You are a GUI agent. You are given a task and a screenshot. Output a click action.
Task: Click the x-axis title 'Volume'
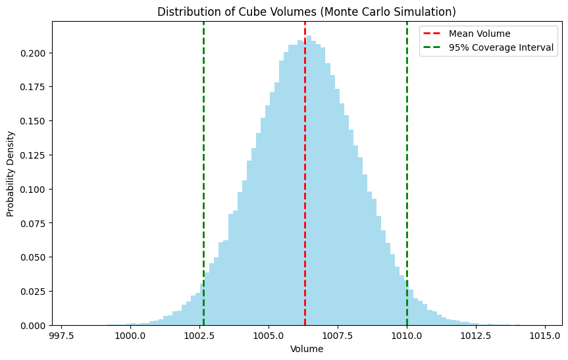pos(307,349)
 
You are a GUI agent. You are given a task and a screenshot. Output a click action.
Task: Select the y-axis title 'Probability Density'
pos(11,174)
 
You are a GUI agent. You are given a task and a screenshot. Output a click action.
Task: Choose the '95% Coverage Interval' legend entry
pos(501,47)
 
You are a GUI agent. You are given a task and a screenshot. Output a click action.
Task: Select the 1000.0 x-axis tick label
pos(130,335)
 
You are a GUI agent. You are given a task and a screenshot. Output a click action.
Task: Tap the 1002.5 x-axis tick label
pos(199,335)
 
